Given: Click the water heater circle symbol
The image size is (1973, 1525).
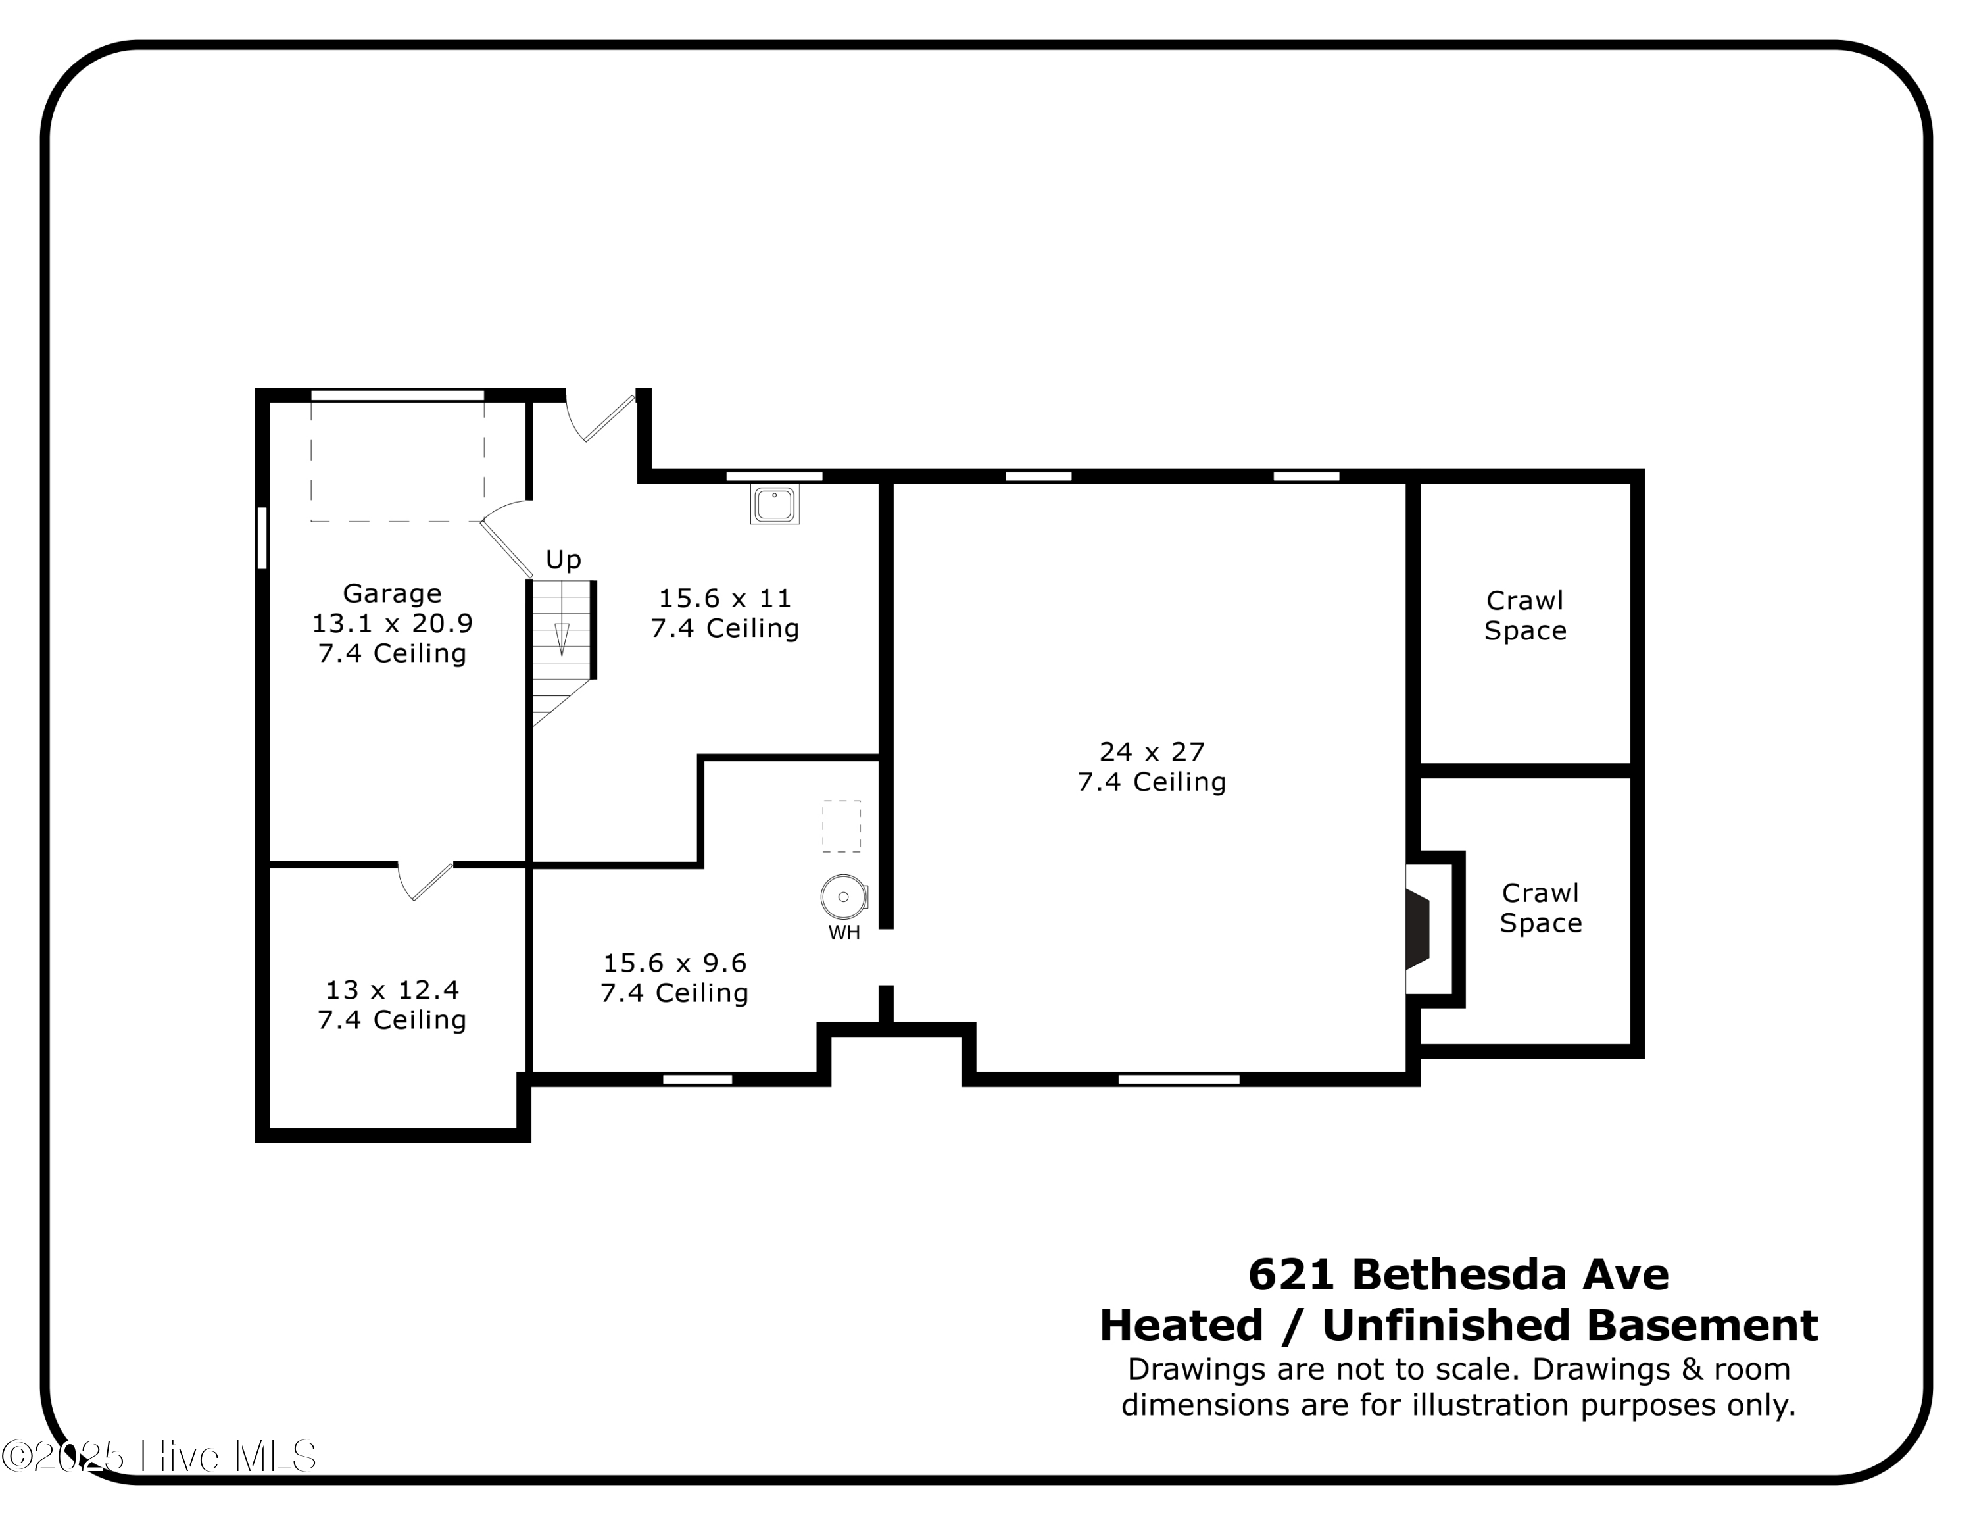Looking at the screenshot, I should [x=843, y=897].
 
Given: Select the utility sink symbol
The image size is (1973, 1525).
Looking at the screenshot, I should [x=774, y=504].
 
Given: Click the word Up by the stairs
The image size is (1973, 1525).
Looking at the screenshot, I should [x=563, y=559].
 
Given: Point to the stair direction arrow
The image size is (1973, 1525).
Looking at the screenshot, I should [x=562, y=637].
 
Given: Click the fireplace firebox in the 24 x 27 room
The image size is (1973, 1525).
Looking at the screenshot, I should [x=1417, y=929].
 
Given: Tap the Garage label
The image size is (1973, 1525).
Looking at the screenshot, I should [x=392, y=593].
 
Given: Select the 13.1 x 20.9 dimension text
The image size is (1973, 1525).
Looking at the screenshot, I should [x=392, y=624].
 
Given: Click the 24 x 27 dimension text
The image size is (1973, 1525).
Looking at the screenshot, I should [x=1152, y=752].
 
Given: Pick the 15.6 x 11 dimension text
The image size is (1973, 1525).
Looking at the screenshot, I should [x=725, y=598].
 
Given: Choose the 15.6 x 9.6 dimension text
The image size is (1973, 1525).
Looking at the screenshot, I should [x=675, y=963].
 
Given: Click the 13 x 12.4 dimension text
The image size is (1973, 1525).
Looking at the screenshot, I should [x=392, y=990].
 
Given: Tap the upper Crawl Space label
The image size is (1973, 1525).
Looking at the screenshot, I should [x=1525, y=615].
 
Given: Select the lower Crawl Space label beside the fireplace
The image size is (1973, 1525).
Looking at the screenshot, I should [x=1540, y=908].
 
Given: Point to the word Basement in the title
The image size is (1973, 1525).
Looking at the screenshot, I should [x=1702, y=1326].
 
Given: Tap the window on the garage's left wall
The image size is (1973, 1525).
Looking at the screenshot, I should [x=262, y=537].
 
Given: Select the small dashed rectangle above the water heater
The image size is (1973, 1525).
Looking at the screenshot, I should [x=841, y=826].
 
